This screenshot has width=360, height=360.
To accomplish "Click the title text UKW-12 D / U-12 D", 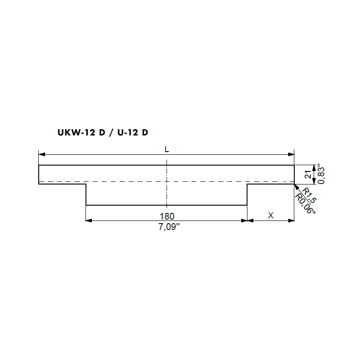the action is click(103, 132).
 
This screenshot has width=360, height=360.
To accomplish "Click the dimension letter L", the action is click(166, 149).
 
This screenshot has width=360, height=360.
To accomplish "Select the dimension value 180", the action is click(167, 216).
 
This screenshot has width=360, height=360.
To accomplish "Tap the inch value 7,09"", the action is click(169, 227).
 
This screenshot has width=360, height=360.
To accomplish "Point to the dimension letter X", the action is click(271, 216).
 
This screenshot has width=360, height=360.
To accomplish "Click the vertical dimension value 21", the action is click(308, 175).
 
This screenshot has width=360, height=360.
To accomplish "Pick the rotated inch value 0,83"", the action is click(321, 174).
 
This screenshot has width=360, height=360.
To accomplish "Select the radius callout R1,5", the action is click(309, 195).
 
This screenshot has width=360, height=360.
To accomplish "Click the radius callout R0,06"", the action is click(305, 204).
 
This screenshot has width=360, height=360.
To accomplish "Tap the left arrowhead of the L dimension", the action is click(41, 154).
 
